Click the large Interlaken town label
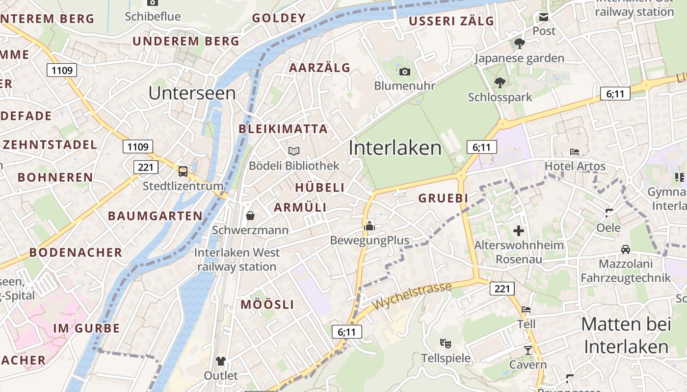(395, 147)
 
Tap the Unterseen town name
(192, 93)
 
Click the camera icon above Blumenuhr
(404, 72)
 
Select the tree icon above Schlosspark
(500, 82)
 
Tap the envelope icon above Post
(544, 18)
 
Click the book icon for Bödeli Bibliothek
(293, 151)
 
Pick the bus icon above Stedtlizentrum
(183, 171)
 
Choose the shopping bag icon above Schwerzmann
(250, 215)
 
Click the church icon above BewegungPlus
(370, 225)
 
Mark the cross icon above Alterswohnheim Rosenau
(518, 230)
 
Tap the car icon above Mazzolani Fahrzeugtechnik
(625, 249)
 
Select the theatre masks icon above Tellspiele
(446, 343)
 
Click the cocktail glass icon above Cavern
(528, 350)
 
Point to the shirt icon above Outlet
(221, 361)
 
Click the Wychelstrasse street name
(412, 295)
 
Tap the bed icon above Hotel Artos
(575, 152)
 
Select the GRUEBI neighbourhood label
(443, 198)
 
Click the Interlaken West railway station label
(237, 260)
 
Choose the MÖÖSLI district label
(267, 304)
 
